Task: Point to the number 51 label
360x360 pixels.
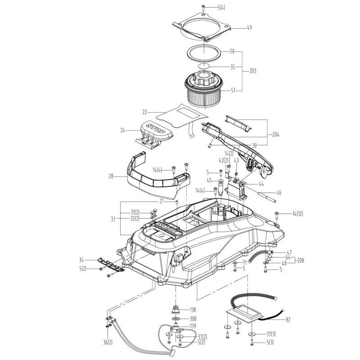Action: point(234,90)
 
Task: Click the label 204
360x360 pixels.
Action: point(276,134)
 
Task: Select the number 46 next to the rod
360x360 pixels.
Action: point(279,193)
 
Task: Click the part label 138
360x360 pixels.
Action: point(193,310)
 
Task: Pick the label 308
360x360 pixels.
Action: point(193,319)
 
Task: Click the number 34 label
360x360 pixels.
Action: point(81,260)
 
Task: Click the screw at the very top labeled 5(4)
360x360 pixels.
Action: point(203,8)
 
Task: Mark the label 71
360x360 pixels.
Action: point(244,262)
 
